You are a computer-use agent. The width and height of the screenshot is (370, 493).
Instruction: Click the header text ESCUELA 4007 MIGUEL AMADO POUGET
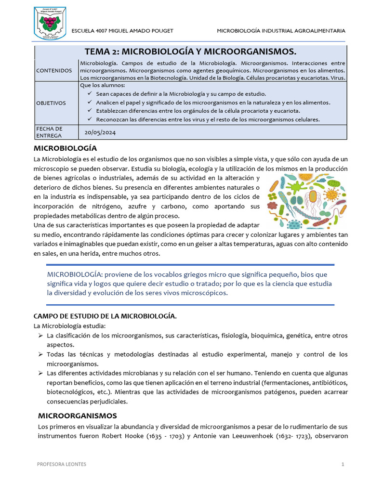(122, 31)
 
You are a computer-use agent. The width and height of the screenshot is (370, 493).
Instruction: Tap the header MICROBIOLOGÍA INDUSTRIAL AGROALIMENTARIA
(281, 31)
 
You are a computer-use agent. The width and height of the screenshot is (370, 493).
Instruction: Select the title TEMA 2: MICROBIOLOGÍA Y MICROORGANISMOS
(190, 52)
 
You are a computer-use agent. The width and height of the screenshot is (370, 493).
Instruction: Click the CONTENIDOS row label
(54, 71)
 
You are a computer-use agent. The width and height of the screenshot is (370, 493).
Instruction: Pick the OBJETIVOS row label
(51, 103)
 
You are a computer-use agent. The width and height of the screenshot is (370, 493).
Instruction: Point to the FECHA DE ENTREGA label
(50, 132)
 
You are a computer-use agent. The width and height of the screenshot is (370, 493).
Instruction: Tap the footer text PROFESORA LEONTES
(62, 464)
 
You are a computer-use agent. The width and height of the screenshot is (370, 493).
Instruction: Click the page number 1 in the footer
(343, 464)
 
